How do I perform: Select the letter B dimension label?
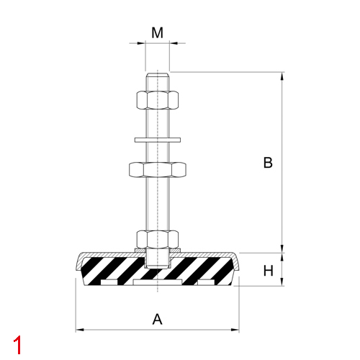(267, 163)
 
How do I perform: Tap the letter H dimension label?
(267, 271)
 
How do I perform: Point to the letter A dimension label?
(158, 319)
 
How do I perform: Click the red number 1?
(17, 344)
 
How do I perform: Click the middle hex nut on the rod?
(157, 170)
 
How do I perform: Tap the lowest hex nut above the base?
(157, 238)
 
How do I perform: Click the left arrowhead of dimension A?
(79, 330)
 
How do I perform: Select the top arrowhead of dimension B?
(282, 76)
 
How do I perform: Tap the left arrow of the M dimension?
(141, 43)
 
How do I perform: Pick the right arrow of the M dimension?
(174, 43)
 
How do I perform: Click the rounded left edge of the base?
(77, 268)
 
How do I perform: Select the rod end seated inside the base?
(157, 256)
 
